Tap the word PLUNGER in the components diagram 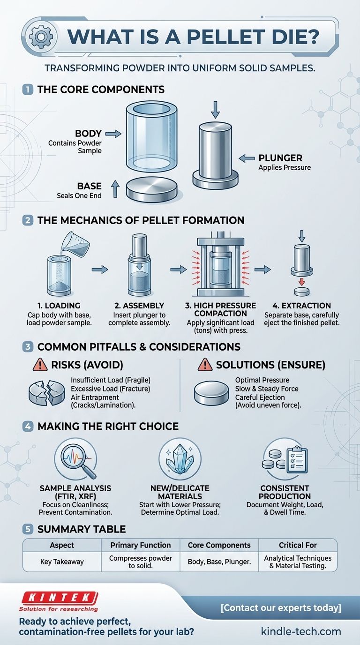280,158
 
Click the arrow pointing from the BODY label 113,134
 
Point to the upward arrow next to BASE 115,189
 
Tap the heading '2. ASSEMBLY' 139,306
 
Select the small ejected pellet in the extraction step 302,292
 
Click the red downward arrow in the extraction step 301,281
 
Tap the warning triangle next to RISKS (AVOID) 40,365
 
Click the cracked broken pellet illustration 47,393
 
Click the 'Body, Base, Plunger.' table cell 219,562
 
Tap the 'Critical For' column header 298,545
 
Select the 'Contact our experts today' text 281,608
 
